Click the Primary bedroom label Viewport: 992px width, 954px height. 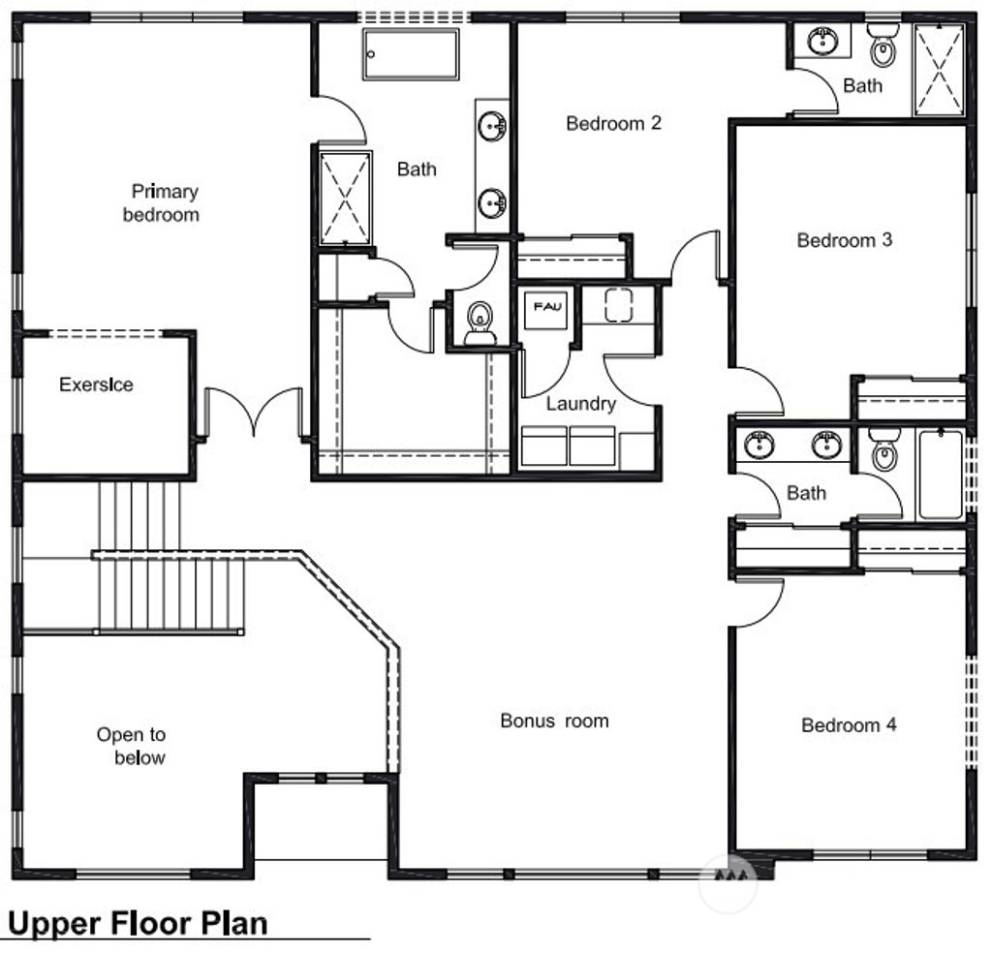click(161, 202)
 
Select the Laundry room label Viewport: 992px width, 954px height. click(580, 404)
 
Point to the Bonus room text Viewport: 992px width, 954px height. click(554, 721)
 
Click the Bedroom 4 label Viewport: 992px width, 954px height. click(849, 724)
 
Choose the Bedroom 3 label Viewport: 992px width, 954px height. click(844, 240)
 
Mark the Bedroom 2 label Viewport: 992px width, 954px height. click(613, 123)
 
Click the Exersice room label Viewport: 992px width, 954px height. click(96, 385)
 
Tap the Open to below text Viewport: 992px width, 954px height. click(131, 746)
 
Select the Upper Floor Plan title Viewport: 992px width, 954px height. click(138, 922)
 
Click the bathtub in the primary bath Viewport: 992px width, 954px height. click(411, 54)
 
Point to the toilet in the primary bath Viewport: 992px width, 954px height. click(478, 323)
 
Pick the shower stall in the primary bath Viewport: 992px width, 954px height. click(346, 197)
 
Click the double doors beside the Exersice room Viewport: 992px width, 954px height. click(254, 412)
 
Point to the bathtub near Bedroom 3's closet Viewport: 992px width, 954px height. click(940, 475)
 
